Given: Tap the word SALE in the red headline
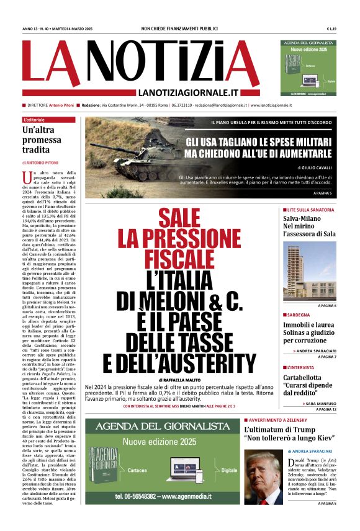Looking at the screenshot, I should tap(181, 218).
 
